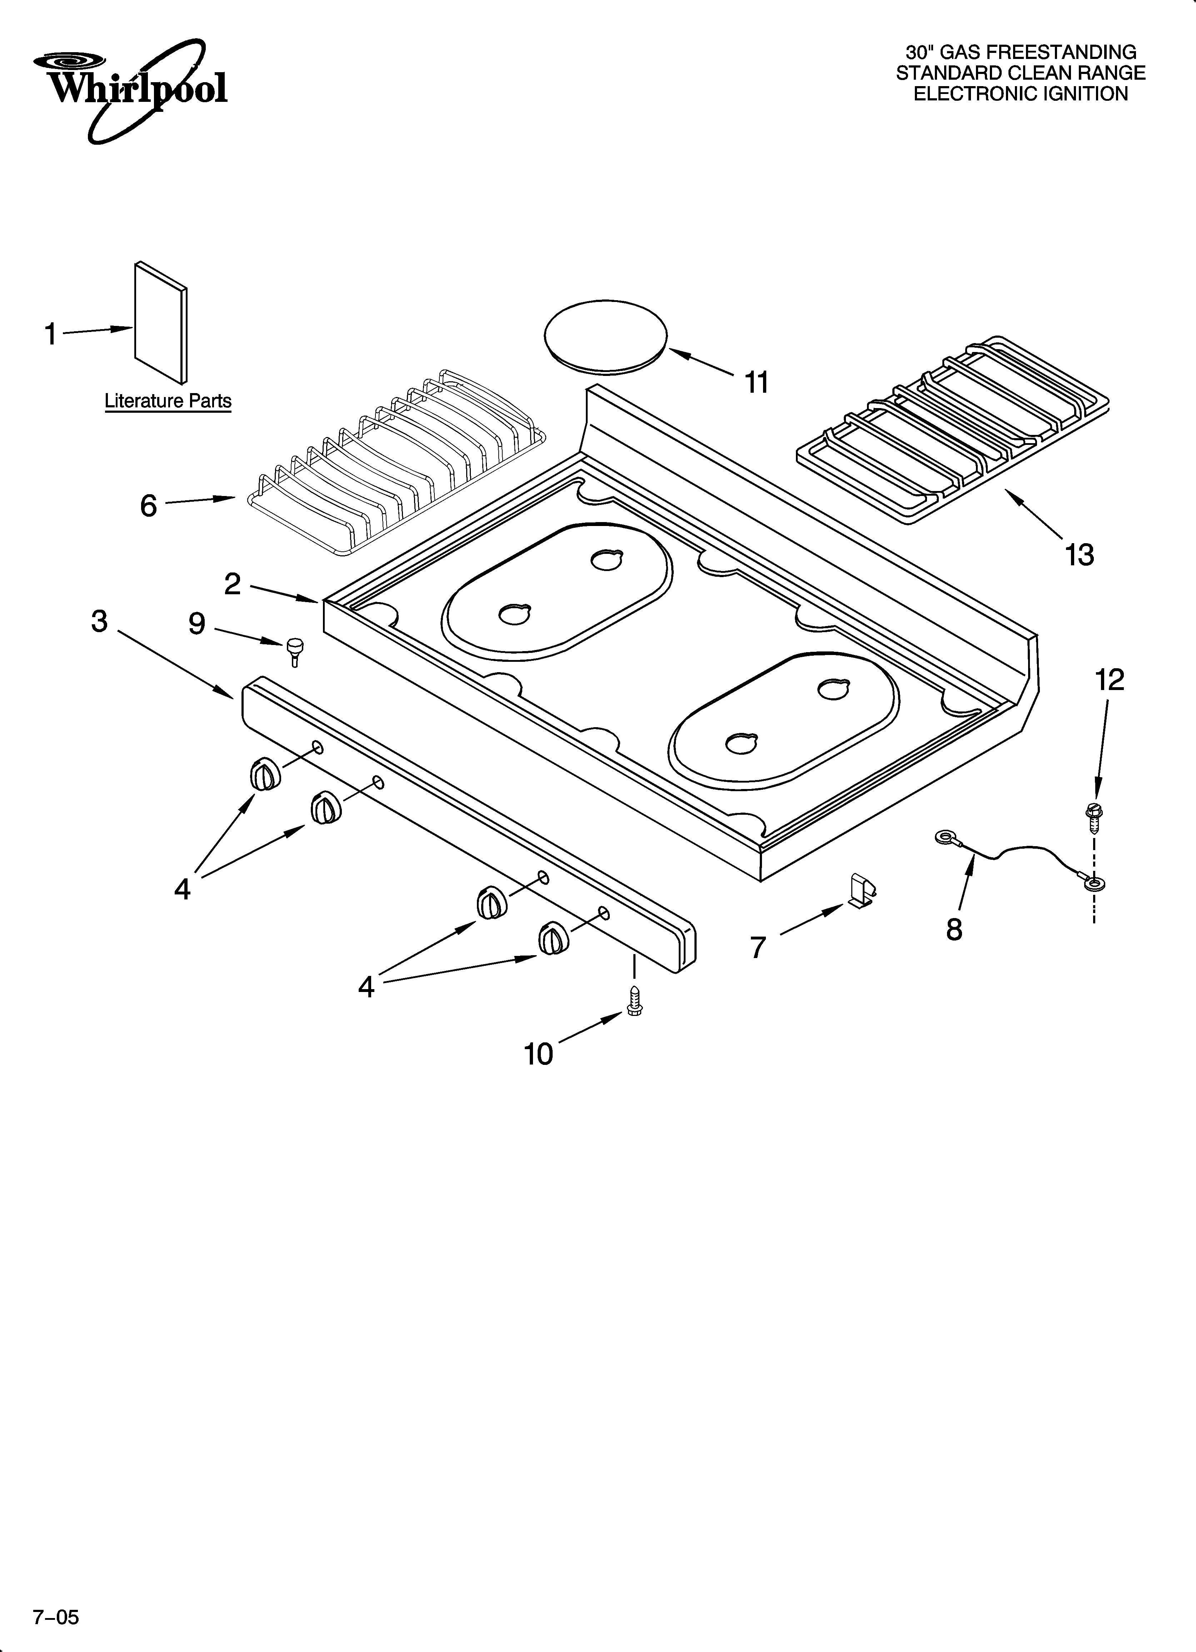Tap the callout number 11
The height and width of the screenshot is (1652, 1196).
757,382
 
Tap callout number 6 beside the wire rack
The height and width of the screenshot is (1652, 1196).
149,505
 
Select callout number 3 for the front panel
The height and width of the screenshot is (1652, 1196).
100,621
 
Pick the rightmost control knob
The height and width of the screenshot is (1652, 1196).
553,937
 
